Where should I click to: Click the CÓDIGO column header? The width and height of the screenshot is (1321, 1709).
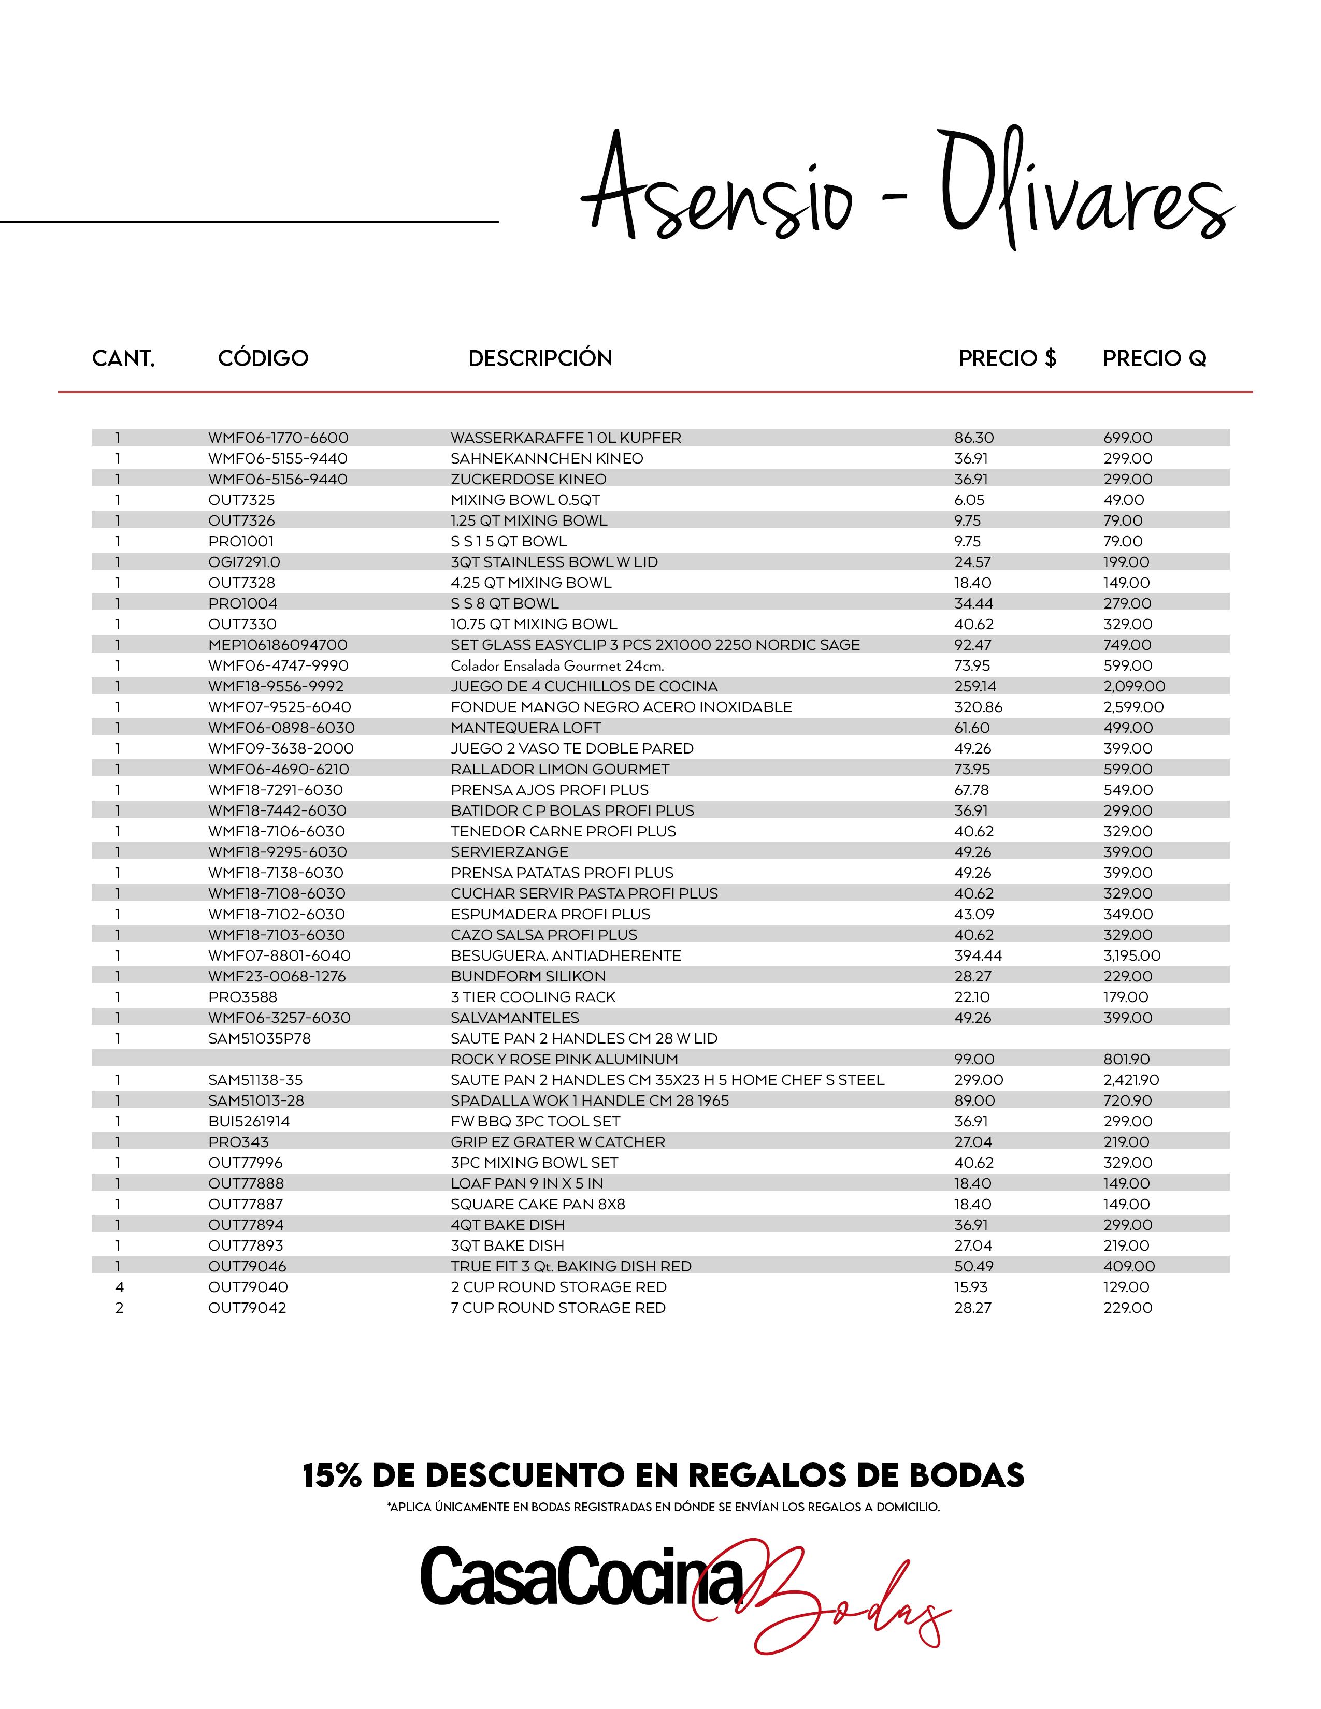tap(263, 358)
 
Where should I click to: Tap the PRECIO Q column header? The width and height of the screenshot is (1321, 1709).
tap(1154, 358)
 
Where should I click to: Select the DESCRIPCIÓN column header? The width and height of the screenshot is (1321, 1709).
tap(540, 358)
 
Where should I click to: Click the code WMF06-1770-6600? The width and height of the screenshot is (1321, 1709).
tap(278, 438)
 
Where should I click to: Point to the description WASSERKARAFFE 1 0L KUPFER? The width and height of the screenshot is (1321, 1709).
tap(566, 438)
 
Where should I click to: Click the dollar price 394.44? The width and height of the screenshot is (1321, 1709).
tap(978, 955)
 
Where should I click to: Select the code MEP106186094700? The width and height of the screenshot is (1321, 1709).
tap(278, 645)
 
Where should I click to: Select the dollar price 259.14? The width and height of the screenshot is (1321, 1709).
tap(975, 686)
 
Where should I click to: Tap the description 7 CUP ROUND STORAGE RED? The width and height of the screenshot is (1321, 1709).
tap(558, 1308)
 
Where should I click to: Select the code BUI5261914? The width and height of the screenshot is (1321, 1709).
tap(249, 1121)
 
